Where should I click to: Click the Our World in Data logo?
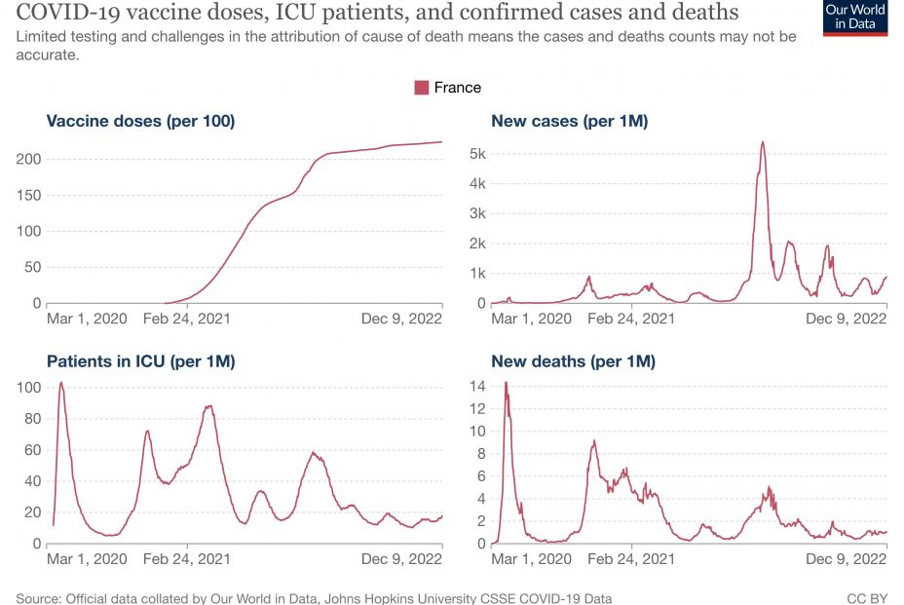coord(855,18)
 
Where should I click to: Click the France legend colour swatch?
coord(422,88)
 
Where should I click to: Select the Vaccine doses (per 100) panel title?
coord(141,122)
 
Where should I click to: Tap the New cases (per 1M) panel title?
coord(570,122)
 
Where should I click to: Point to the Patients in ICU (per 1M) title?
coord(141,361)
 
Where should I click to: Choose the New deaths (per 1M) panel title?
coord(573,361)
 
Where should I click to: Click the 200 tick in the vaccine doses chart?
coord(28,159)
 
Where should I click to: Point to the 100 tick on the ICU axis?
coord(28,388)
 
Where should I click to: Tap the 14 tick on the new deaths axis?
coord(477,386)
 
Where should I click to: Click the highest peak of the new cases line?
coord(763,142)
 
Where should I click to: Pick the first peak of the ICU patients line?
coord(61,382)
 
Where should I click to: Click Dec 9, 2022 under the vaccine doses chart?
coord(402,318)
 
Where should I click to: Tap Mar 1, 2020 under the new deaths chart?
coord(532,559)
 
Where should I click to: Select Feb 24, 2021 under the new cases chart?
coord(631,318)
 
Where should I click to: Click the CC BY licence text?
coord(867,597)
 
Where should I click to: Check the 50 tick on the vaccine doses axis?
coord(32,267)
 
